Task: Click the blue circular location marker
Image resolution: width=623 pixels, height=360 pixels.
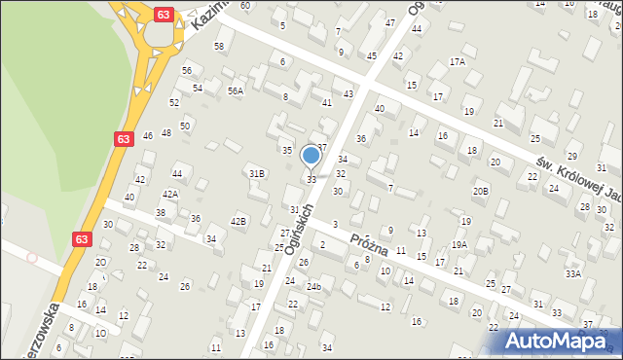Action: pyautogui.click(x=311, y=156)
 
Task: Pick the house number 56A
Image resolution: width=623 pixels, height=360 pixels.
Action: pyautogui.click(x=236, y=90)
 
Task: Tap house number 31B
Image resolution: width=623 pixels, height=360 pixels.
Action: pyautogui.click(x=256, y=173)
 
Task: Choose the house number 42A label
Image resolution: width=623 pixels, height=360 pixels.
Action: pyautogui.click(x=170, y=194)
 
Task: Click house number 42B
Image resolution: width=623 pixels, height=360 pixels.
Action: pyautogui.click(x=238, y=222)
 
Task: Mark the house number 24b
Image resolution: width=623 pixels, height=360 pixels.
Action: pyautogui.click(x=313, y=287)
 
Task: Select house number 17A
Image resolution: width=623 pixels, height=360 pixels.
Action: pyautogui.click(x=457, y=61)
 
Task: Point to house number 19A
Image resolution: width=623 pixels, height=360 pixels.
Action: pyautogui.click(x=459, y=244)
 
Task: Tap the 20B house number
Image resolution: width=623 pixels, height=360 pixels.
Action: pyautogui.click(x=481, y=192)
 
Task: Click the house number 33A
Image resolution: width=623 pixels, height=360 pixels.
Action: pyautogui.click(x=573, y=273)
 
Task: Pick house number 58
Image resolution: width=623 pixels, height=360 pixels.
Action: pyautogui.click(x=219, y=46)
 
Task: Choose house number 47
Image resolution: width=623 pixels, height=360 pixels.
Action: pyautogui.click(x=390, y=22)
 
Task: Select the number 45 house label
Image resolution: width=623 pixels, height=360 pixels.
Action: pyautogui.click(x=371, y=56)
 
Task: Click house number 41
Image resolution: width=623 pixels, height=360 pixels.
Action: pyautogui.click(x=326, y=101)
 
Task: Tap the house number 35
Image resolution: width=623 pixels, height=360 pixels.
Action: pyautogui.click(x=287, y=150)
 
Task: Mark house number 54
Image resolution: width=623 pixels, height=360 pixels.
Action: pyautogui.click(x=197, y=88)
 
